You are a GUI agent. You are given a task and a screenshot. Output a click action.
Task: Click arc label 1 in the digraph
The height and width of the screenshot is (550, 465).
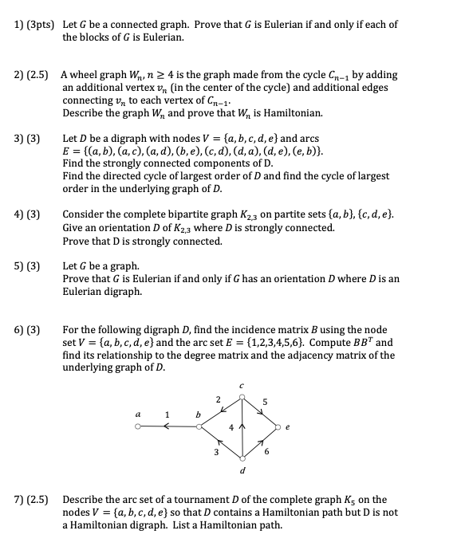167,414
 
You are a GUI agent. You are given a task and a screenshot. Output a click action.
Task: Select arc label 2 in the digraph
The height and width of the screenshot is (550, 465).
217,399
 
